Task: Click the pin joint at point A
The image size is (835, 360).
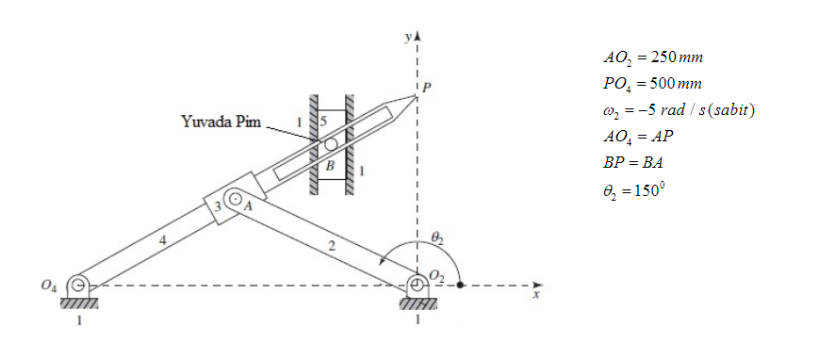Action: pos(235,200)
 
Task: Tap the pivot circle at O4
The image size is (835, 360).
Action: pos(78,285)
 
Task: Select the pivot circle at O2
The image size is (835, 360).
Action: pos(418,285)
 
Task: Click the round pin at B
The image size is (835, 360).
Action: pos(331,144)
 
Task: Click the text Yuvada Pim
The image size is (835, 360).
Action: pos(221,122)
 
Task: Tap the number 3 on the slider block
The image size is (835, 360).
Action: pos(217,206)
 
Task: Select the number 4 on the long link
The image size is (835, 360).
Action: pos(163,241)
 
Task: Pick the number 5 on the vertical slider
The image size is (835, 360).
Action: pos(322,122)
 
